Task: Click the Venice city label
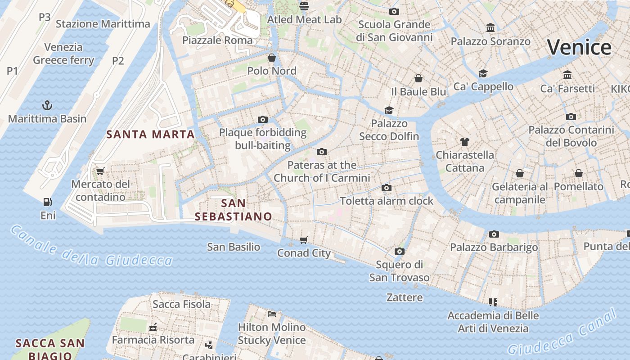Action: (580, 47)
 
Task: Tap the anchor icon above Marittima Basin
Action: (47, 106)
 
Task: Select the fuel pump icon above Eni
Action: (47, 202)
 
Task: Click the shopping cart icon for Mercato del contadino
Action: (100, 171)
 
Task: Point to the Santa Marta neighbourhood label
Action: (150, 134)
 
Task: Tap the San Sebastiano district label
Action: (233, 210)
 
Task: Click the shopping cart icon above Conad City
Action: (304, 240)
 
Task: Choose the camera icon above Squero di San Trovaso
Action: (399, 251)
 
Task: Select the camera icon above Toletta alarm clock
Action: (386, 188)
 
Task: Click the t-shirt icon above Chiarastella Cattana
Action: (465, 142)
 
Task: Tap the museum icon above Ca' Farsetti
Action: (567, 75)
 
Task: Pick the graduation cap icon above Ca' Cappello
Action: (483, 73)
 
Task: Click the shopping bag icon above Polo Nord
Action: (272, 58)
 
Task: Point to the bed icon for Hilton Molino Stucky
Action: (271, 314)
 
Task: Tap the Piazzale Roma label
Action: (217, 40)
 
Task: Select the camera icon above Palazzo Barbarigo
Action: (494, 234)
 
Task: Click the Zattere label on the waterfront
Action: (405, 297)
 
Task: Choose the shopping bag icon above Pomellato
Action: (578, 173)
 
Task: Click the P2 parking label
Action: (118, 60)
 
